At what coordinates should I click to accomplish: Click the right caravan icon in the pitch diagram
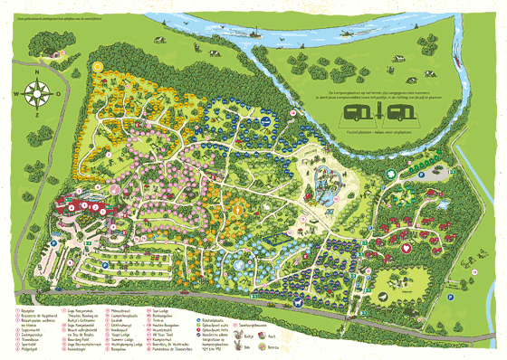click(398, 113)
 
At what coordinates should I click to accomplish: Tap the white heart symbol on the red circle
click(407, 247)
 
